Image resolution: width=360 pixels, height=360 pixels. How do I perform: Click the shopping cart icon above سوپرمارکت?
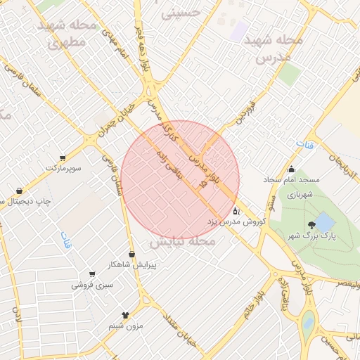(x=63, y=157)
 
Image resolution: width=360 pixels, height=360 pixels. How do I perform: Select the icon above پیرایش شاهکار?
(x=131, y=254)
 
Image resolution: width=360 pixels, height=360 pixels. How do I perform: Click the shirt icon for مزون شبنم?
(x=125, y=315)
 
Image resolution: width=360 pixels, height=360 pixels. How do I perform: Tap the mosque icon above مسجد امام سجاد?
(x=291, y=169)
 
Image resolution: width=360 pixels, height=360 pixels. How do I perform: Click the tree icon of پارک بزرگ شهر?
(x=311, y=225)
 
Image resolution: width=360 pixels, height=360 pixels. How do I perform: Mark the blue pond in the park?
(x=324, y=222)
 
